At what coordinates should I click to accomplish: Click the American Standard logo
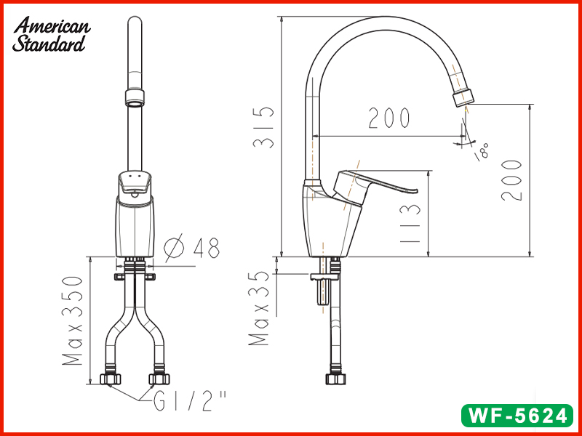[x=51, y=34]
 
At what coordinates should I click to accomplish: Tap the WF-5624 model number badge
[x=517, y=415]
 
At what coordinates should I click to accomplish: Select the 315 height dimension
[x=263, y=127]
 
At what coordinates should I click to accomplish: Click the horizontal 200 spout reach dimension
[x=389, y=118]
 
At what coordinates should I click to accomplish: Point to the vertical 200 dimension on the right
[x=511, y=180]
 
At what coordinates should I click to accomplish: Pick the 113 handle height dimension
[x=410, y=224]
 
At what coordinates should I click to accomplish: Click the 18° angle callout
[x=482, y=151]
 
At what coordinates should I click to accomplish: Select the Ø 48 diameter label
[x=191, y=247]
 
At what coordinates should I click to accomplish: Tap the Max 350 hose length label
[x=72, y=320]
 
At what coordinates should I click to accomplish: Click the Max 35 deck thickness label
[x=258, y=308]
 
